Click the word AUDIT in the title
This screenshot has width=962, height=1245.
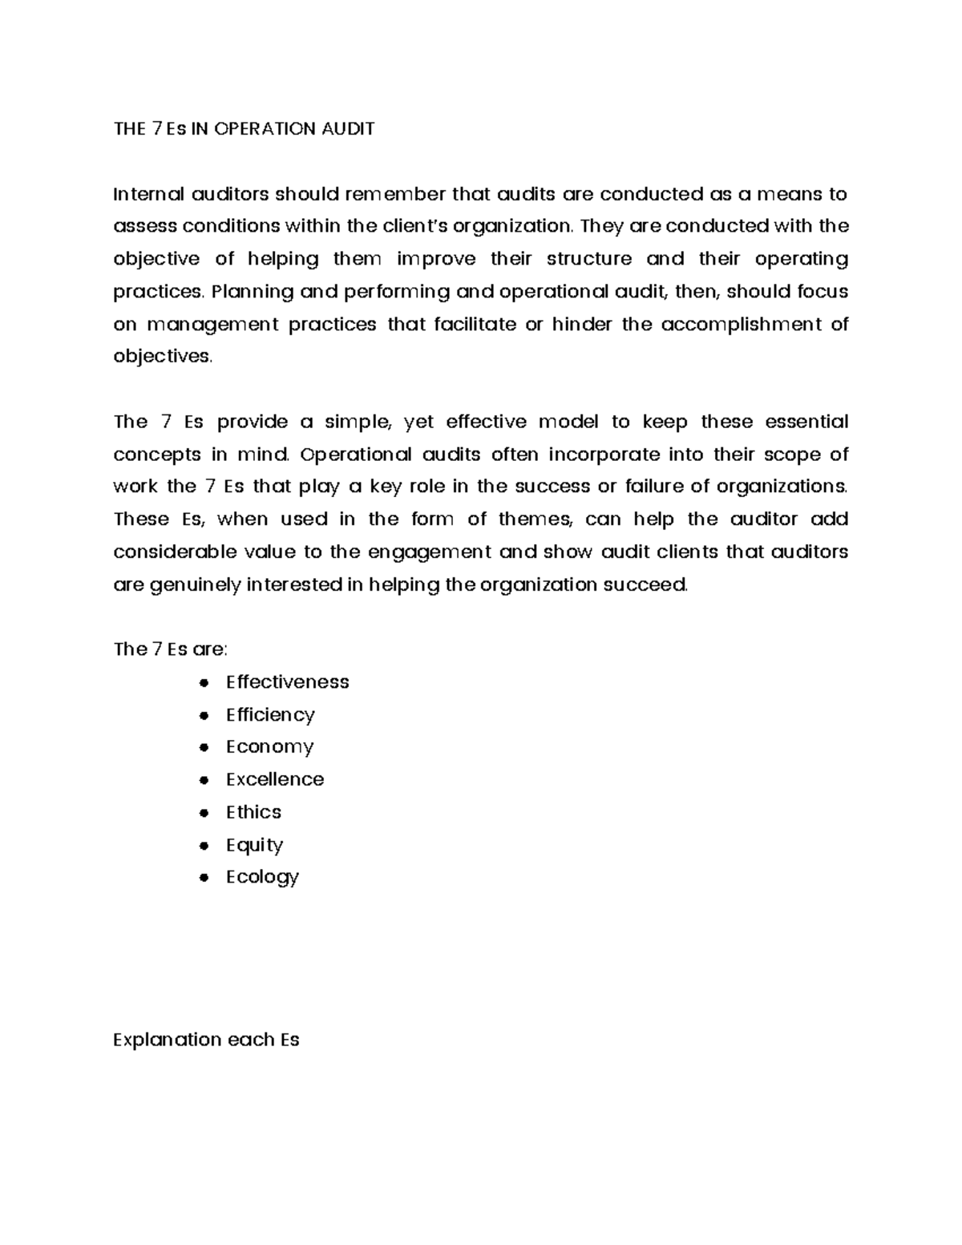[x=347, y=129]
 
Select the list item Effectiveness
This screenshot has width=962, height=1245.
[x=287, y=682]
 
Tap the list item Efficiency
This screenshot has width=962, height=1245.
[x=270, y=714]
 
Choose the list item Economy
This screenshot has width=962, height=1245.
[x=269, y=747]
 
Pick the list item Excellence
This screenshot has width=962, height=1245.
[x=275, y=779]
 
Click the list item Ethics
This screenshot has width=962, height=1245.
[x=253, y=812]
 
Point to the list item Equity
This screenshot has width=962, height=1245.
[x=254, y=845]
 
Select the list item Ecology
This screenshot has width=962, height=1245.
[x=262, y=877]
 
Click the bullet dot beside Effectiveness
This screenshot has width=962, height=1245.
[x=205, y=683]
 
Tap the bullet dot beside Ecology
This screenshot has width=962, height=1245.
[x=205, y=878]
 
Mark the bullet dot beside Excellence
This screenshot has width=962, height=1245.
[x=205, y=780]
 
